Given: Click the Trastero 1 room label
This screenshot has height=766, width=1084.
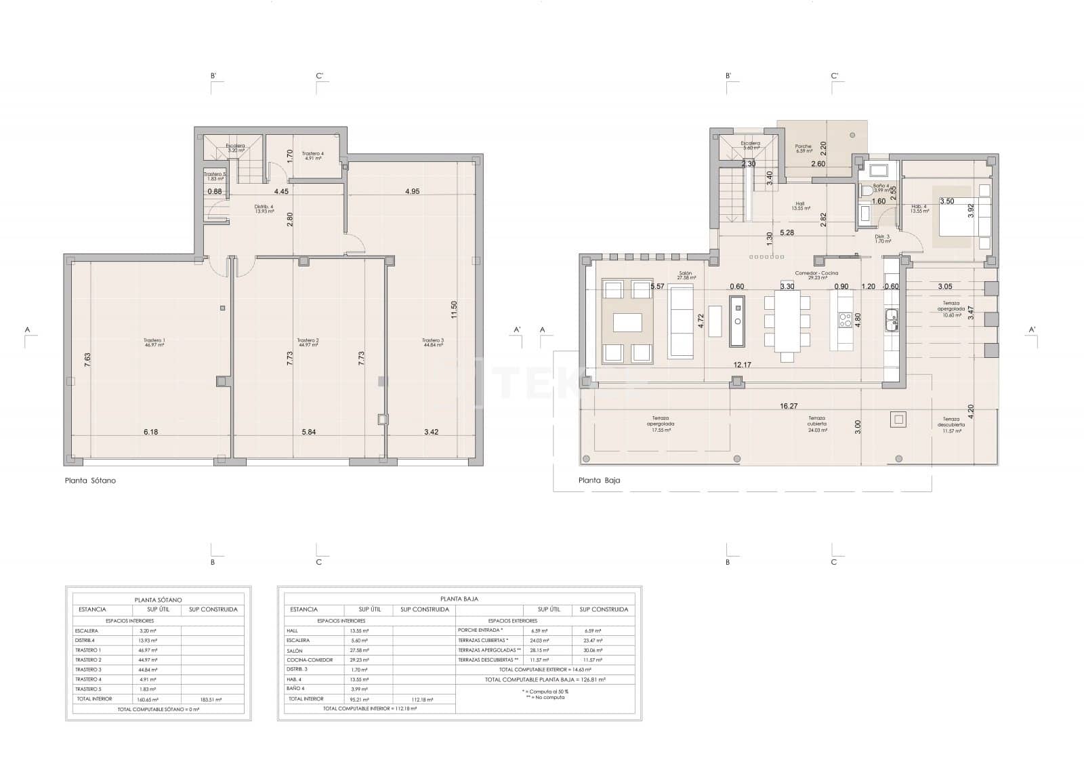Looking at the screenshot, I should pyautogui.click(x=154, y=342).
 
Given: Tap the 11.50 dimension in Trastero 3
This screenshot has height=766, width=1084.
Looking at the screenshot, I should pyautogui.click(x=455, y=310).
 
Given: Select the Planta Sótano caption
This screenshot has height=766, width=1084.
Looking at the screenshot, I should pyautogui.click(x=90, y=481).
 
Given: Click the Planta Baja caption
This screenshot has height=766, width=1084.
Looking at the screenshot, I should pyautogui.click(x=599, y=481).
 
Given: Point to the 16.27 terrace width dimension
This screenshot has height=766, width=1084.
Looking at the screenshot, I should pyautogui.click(x=789, y=407).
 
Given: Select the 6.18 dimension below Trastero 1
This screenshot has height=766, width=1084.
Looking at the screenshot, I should pyautogui.click(x=150, y=432).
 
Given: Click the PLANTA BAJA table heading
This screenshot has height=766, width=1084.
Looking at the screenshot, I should pyautogui.click(x=459, y=599).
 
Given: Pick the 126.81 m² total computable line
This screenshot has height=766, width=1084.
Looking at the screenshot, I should pyautogui.click(x=545, y=679).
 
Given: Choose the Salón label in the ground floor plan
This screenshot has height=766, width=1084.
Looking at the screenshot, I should pyautogui.click(x=686, y=275).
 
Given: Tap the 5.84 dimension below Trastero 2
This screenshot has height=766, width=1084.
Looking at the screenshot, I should pyautogui.click(x=309, y=432).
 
